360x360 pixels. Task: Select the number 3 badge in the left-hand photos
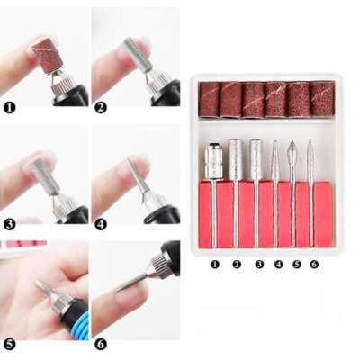8,225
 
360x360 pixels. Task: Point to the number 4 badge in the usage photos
101,225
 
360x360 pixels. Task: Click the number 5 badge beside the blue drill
8,343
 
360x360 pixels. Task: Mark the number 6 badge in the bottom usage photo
101,343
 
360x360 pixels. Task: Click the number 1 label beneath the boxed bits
214,265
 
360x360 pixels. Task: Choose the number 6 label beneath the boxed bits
312,265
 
